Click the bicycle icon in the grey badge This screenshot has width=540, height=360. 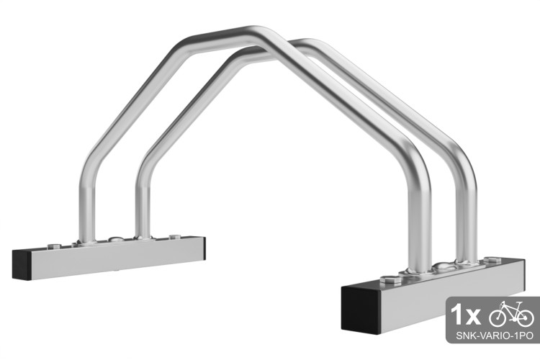coord(511,314)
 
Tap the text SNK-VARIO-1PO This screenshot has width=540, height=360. coord(494,336)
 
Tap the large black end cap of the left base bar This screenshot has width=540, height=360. coord(22,264)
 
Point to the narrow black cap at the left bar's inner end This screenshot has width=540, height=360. coord(204,248)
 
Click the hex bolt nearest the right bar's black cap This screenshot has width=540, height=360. coord(390,279)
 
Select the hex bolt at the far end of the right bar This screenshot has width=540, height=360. coord(492,260)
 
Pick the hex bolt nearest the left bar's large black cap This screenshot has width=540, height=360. coord(54,246)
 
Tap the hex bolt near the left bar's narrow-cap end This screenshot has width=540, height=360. coord(175,237)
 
